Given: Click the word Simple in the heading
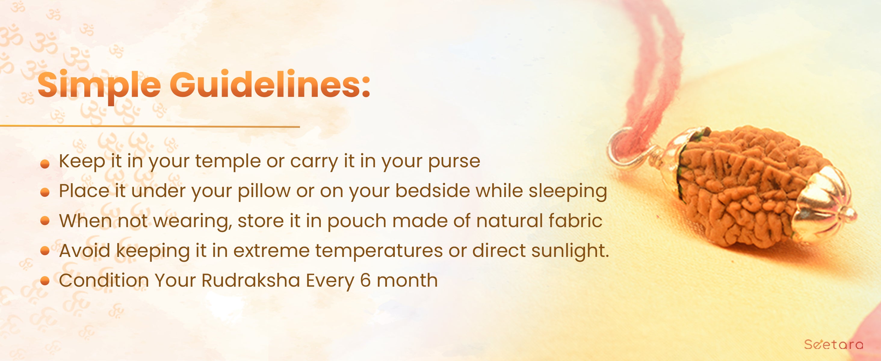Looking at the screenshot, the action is [x=99, y=85].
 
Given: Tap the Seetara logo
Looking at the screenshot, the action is [x=833, y=344].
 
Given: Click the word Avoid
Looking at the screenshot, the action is [x=85, y=251].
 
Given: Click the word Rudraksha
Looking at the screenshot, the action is [x=251, y=281].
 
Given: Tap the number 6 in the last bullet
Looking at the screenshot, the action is [x=365, y=281].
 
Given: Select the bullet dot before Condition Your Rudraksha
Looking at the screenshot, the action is [x=45, y=281].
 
